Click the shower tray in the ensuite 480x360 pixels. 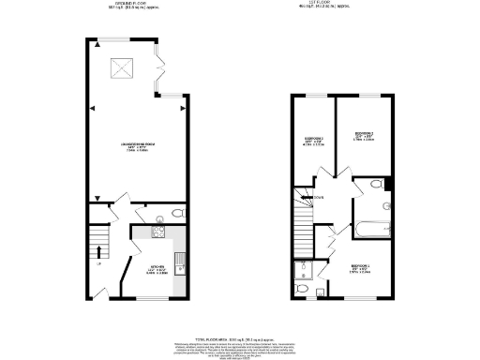click(x=302, y=272)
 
